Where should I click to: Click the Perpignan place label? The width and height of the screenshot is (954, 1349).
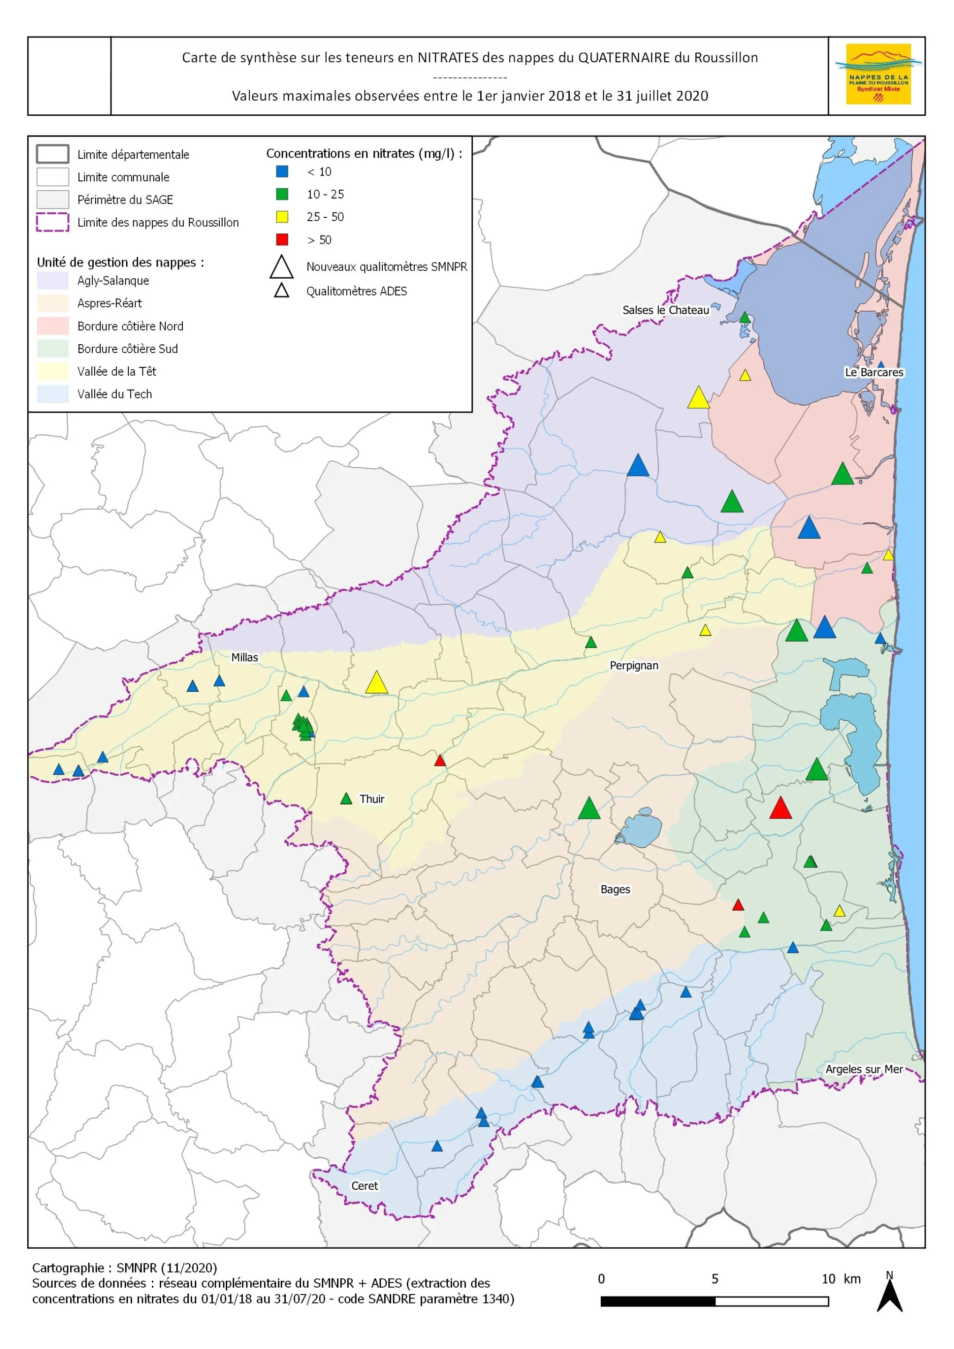[634, 665]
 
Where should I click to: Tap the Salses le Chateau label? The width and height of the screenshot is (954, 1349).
[665, 310]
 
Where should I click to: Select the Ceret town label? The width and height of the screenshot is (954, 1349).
[365, 1185]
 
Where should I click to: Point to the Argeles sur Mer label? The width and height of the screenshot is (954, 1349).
[864, 1069]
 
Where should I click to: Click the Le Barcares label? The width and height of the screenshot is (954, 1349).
[873, 372]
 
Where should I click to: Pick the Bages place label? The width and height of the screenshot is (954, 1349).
[615, 889]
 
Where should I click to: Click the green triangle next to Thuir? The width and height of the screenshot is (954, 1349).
[346, 799]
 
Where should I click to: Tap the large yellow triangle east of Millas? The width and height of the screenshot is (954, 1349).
[376, 683]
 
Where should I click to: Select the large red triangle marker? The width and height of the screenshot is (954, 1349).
[781, 808]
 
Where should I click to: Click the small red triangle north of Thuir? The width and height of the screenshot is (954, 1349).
[440, 761]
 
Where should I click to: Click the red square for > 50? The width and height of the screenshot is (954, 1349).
[282, 239]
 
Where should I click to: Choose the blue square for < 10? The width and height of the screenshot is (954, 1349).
[282, 171]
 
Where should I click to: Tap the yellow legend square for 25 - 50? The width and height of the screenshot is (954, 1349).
[282, 217]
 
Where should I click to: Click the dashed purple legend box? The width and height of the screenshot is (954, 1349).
[53, 222]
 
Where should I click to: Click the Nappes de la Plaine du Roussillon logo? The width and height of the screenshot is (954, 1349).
[878, 74]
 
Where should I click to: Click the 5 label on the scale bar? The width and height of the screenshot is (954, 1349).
[715, 1279]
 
